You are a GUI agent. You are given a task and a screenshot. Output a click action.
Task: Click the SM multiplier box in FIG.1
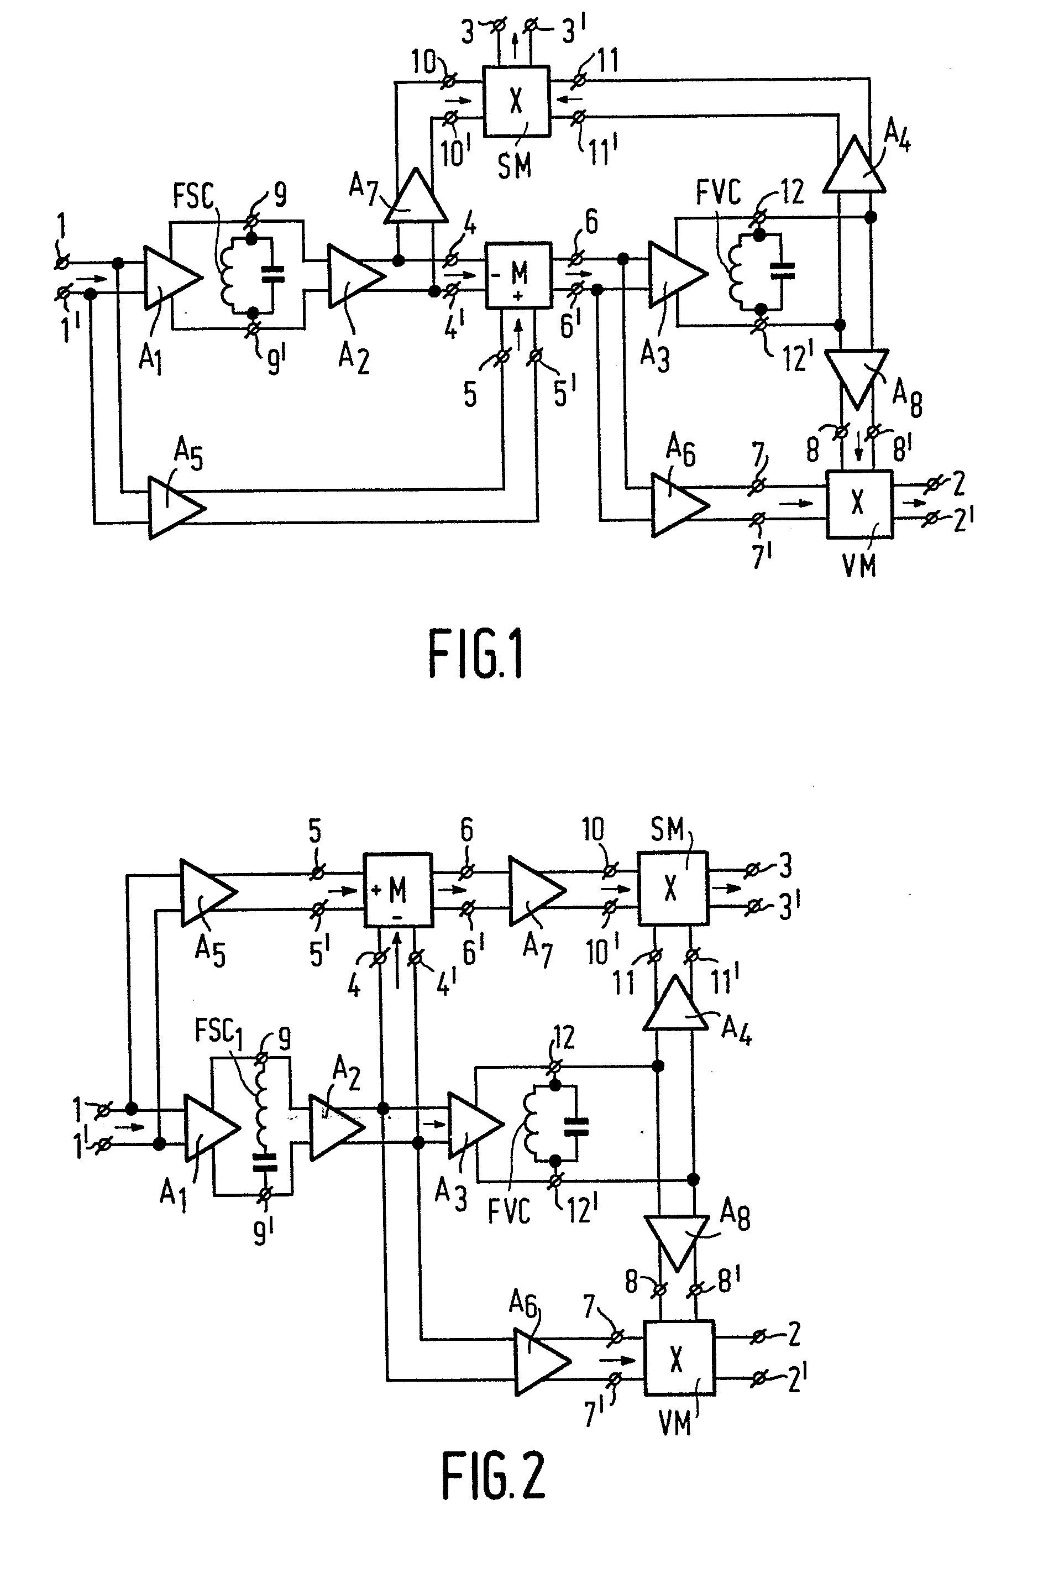coord(516,101)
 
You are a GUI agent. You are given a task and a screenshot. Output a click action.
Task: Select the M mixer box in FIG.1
coord(518,275)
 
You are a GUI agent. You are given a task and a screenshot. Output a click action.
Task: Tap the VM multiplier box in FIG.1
coord(858,503)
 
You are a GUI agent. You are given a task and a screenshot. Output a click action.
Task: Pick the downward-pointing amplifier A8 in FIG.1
coord(856,375)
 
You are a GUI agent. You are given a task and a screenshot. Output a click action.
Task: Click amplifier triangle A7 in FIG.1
coord(415,197)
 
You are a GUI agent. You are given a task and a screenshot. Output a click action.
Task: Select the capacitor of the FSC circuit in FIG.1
coord(272,274)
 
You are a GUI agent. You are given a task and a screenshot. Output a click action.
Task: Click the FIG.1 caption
coord(476,654)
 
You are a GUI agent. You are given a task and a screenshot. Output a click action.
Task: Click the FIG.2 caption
coord(493,1475)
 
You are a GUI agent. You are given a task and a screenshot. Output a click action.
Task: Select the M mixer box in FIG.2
coord(398,890)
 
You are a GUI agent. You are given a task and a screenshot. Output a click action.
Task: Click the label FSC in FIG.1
coord(193,195)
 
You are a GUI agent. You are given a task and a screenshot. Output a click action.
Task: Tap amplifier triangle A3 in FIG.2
coord(473,1125)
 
